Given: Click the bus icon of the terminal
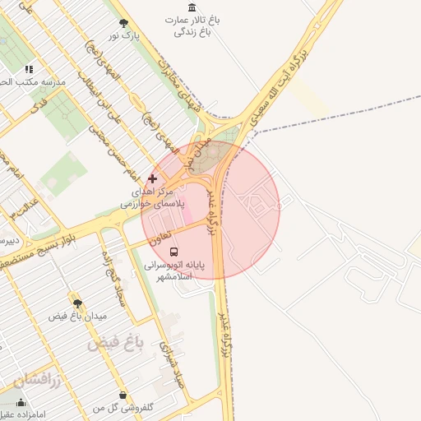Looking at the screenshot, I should [173, 250].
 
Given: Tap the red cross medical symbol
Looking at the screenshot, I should [152, 178].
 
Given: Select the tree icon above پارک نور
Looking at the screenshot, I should [123, 23].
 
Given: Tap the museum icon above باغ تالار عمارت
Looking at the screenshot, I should [192, 7].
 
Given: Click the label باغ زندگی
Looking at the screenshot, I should [192, 32].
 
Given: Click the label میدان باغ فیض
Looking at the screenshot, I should [77, 316].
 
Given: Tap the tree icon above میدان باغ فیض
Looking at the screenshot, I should [77, 303].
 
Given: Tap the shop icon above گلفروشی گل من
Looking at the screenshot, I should [123, 396].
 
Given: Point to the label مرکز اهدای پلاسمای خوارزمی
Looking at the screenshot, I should [153, 197].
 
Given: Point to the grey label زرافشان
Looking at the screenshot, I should [36, 380].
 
